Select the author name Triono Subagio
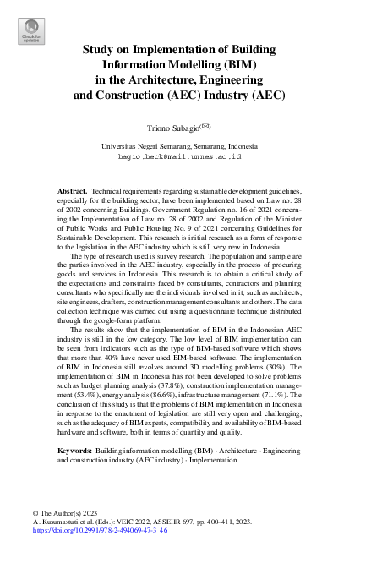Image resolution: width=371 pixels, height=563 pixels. [x=172, y=128]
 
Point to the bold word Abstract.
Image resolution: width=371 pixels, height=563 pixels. [x=73, y=193]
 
